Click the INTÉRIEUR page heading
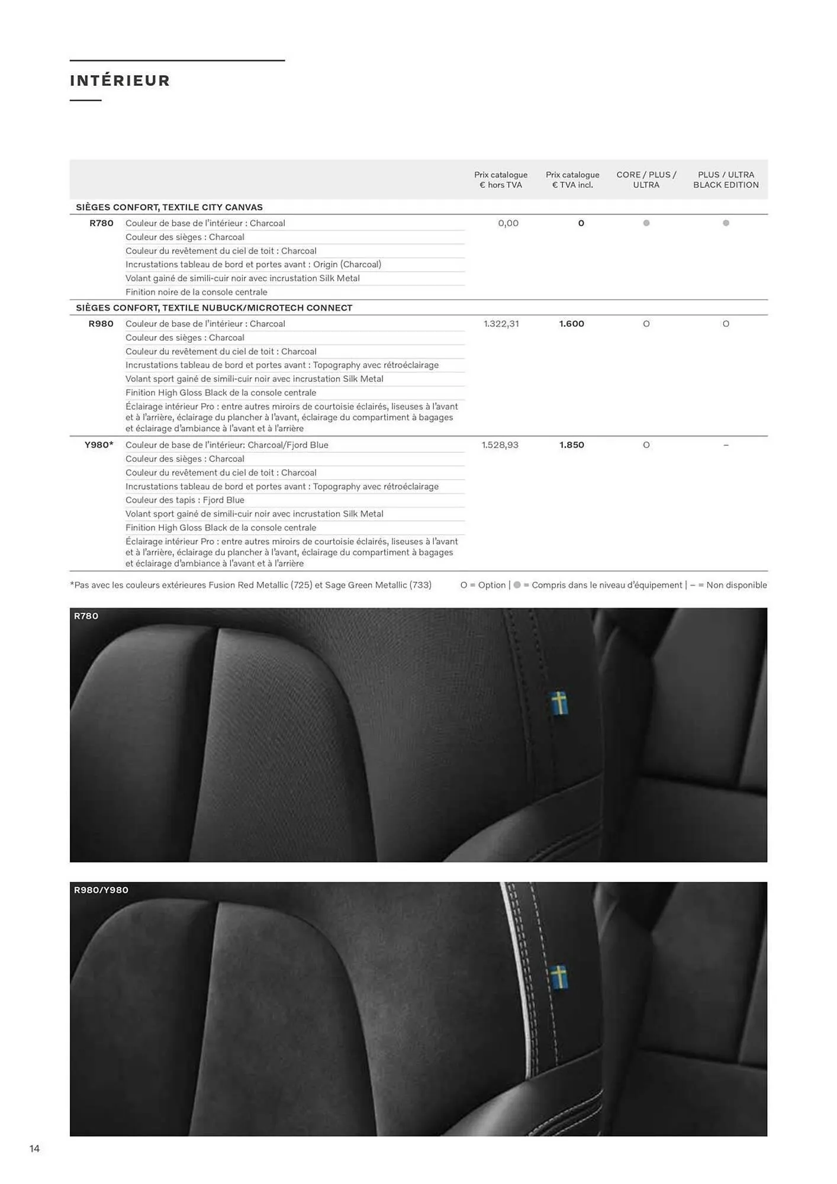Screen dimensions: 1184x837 (120, 81)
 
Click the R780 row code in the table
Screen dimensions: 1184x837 (101, 223)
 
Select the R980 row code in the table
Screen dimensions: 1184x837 (101, 324)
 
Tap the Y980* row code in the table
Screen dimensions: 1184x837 (99, 445)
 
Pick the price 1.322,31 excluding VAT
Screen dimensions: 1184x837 (501, 324)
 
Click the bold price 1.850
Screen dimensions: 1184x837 (571, 445)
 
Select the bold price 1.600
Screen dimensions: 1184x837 (571, 324)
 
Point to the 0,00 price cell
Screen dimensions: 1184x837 (508, 223)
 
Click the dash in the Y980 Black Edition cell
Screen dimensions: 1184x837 (726, 445)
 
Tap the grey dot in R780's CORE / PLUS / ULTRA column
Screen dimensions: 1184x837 (646, 223)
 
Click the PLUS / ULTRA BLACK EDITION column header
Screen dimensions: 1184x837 (726, 180)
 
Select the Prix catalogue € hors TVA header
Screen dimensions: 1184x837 (501, 180)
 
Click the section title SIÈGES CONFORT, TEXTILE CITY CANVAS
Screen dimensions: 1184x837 (169, 207)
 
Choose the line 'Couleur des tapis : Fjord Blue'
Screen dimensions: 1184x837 (185, 500)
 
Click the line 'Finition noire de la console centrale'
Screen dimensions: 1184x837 (196, 292)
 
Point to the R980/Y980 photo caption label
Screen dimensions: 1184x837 (101, 890)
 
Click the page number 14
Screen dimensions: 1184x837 (34, 1148)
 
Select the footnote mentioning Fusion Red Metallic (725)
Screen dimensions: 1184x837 (250, 585)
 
